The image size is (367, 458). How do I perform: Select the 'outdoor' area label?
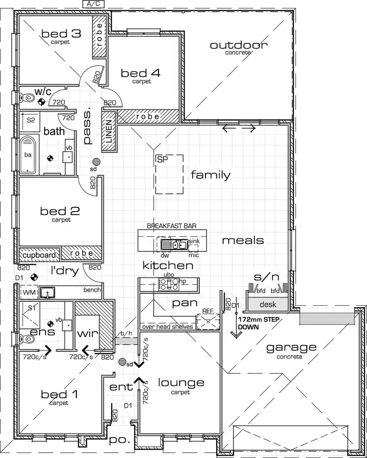tap(238, 46)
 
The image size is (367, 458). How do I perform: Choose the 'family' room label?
tap(210, 175)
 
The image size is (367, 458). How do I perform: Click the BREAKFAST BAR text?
tap(171, 226)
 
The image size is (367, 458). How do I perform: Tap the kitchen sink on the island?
tap(175, 244)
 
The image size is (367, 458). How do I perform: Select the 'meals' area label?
tap(243, 240)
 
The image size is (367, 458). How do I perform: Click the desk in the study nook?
tap(268, 304)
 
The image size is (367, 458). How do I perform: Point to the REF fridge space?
tap(208, 321)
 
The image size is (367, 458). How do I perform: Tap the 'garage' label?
tap(291, 348)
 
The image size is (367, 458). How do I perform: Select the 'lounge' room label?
tap(181, 383)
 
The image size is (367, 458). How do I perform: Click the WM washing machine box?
tap(29, 293)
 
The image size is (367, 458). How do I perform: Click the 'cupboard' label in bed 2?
tap(39, 254)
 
